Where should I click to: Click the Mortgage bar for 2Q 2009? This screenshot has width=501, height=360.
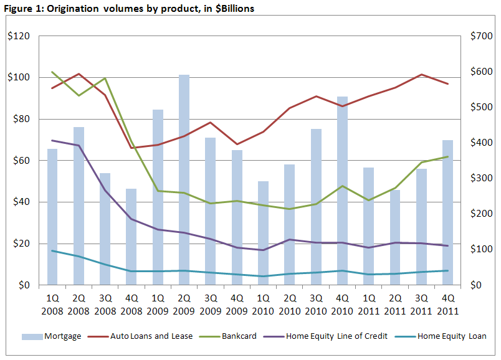pos(184,181)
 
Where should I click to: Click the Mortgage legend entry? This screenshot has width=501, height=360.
pos(52,336)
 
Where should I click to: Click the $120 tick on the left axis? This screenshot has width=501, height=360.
pos(19,36)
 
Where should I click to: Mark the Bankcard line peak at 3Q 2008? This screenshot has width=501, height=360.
pos(105,78)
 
